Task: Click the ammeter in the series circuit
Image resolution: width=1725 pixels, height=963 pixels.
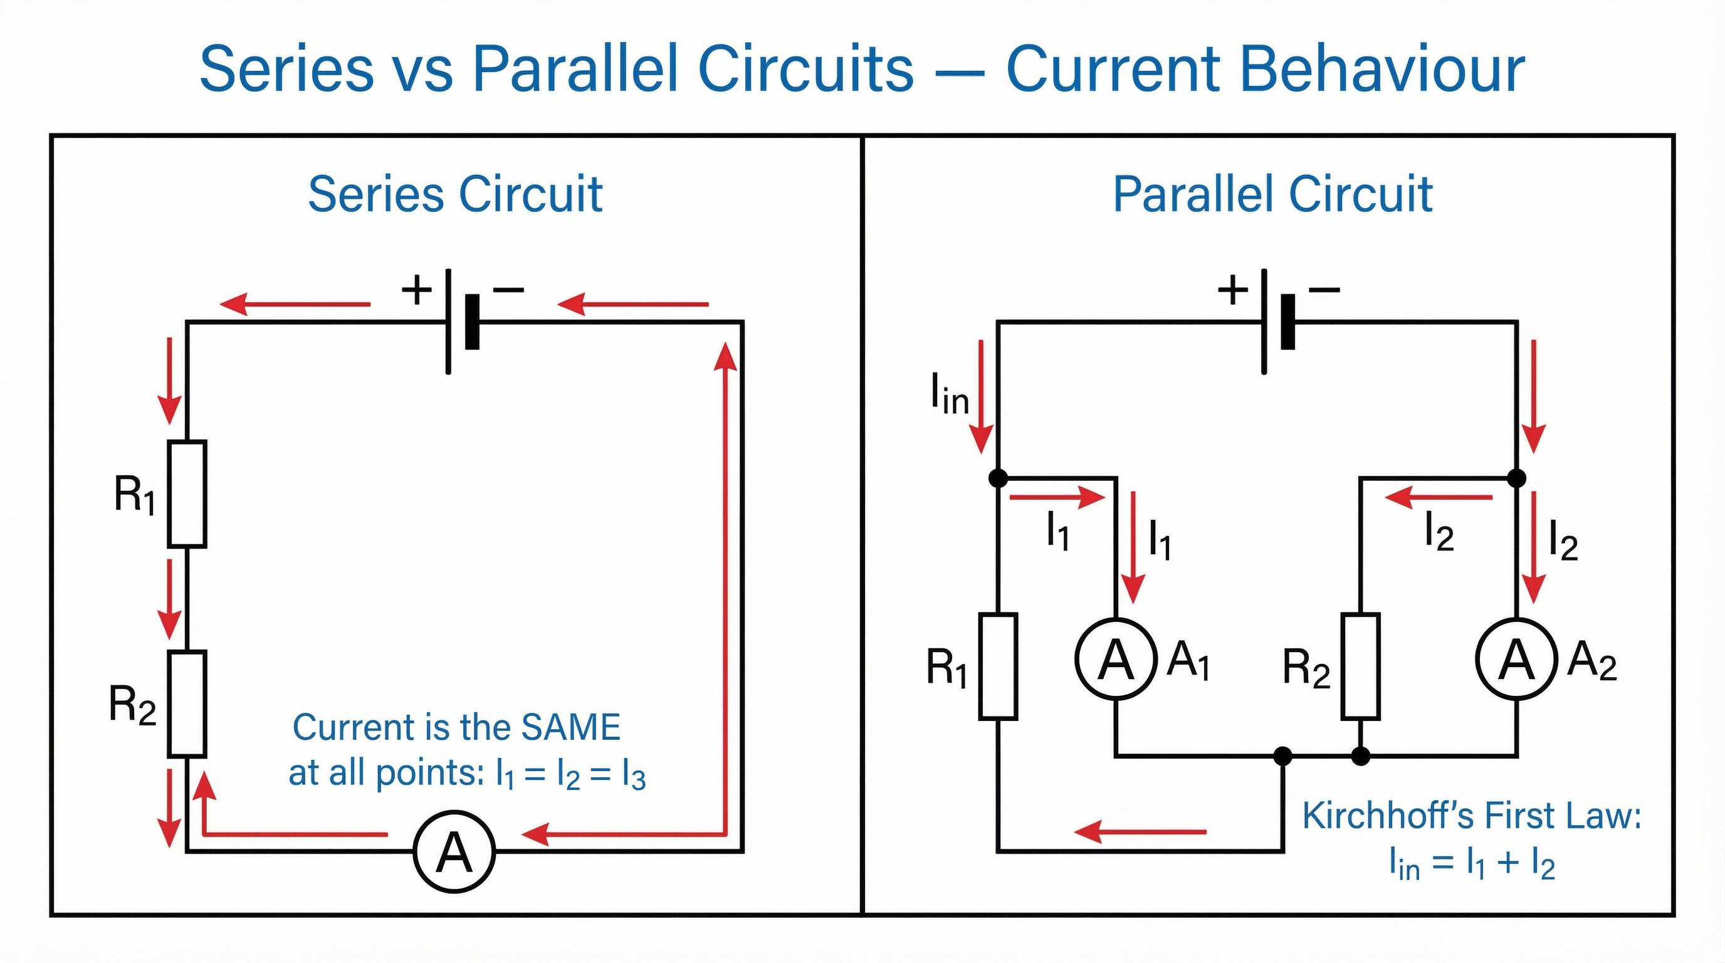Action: (454, 852)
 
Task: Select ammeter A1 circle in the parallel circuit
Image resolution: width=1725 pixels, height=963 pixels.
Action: (1116, 659)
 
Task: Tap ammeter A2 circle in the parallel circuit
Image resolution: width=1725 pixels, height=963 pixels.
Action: (1516, 659)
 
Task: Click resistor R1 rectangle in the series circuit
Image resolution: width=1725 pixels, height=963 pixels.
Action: (187, 493)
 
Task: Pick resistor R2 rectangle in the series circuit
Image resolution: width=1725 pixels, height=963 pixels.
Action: (187, 704)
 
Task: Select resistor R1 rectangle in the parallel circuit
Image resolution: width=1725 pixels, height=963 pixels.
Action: (998, 666)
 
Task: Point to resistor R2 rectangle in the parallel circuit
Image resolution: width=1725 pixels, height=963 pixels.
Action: (1360, 666)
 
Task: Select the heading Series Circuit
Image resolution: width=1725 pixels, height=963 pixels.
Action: (455, 195)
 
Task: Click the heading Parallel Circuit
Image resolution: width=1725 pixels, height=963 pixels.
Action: (1272, 195)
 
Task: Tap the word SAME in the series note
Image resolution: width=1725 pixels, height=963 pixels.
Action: (570, 727)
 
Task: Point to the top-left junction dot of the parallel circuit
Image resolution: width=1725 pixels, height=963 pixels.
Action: (998, 478)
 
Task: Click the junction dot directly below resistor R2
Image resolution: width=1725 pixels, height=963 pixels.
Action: (1360, 756)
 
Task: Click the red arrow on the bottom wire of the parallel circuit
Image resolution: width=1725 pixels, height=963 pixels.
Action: (1140, 832)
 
